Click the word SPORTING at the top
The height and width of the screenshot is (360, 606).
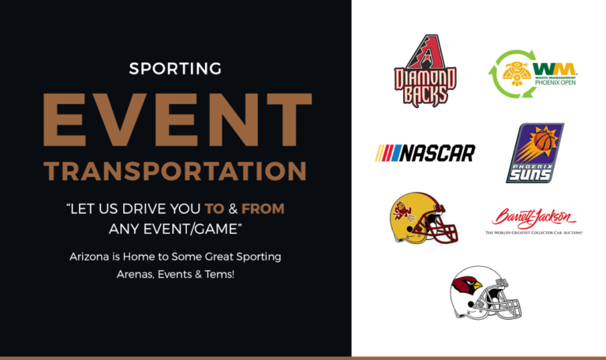point(175,69)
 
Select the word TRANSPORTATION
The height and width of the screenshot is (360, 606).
point(175,171)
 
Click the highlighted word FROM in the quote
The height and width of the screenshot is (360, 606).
point(263,210)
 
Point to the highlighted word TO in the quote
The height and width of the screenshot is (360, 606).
point(214,210)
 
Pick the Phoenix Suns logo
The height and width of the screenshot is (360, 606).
point(534,153)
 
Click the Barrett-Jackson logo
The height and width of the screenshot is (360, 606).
point(534,221)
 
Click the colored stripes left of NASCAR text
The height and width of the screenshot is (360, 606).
point(389,152)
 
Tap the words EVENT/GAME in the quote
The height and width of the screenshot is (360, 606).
point(201,229)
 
